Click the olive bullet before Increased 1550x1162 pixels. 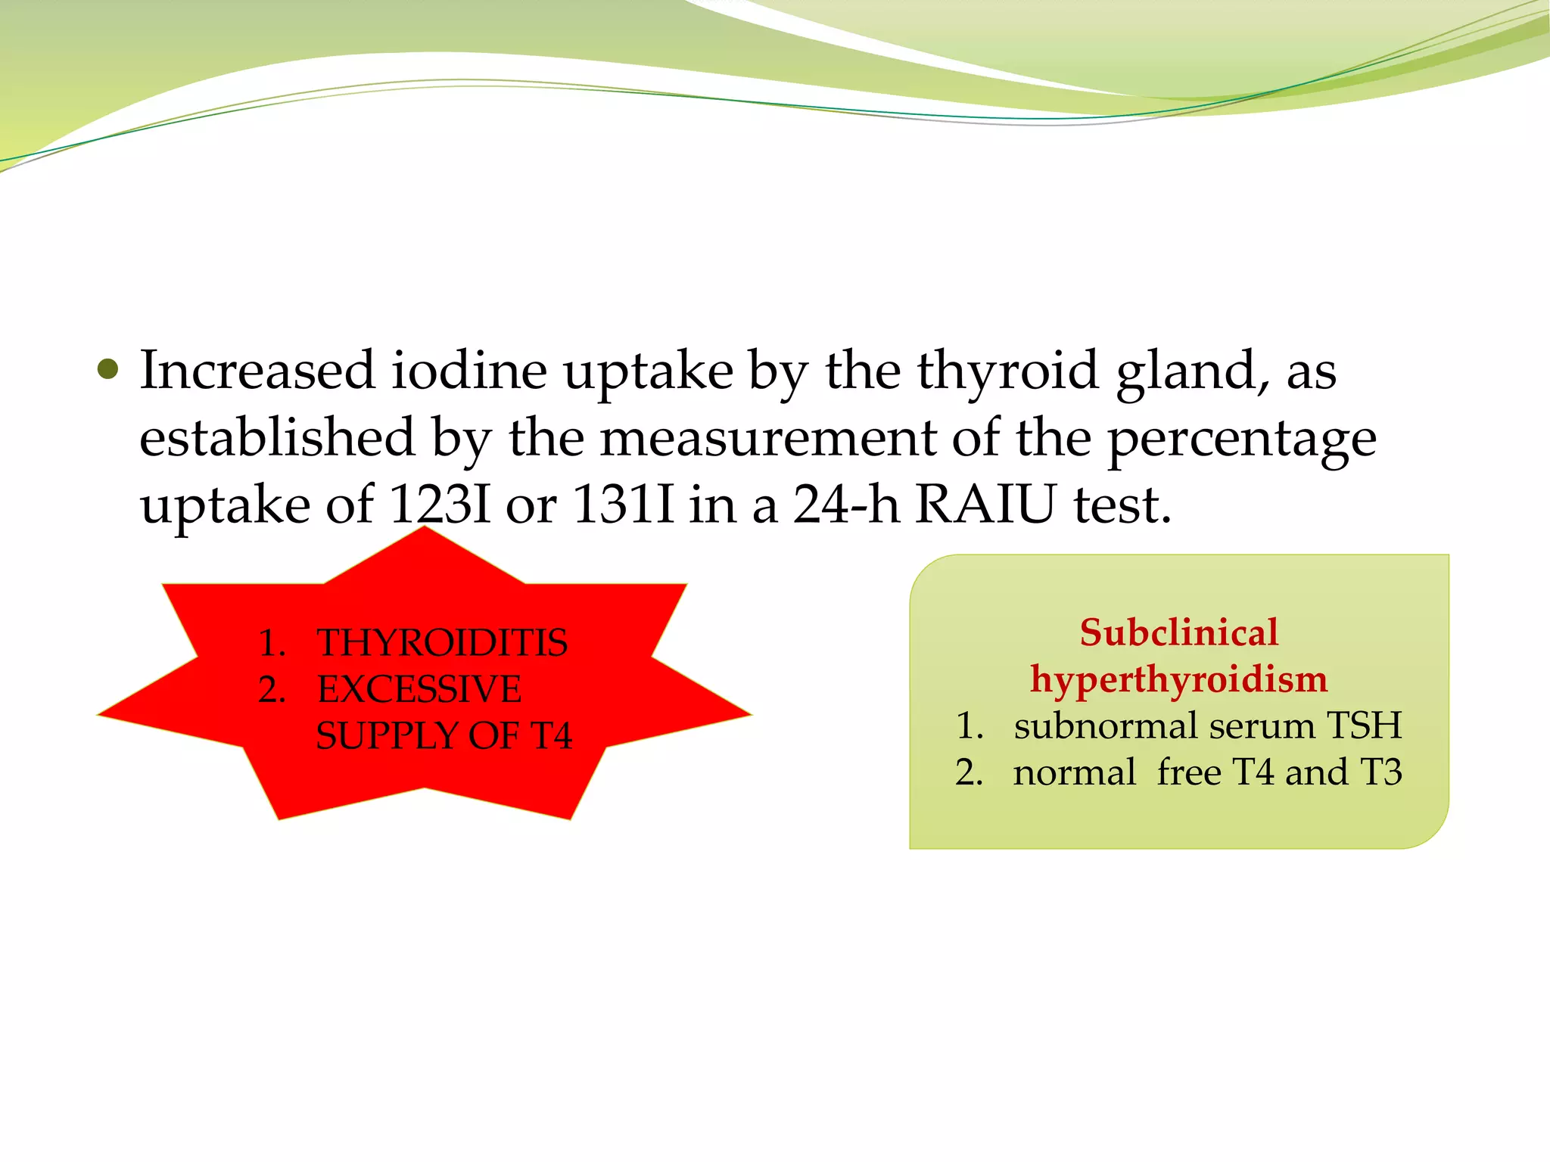pyautogui.click(x=109, y=370)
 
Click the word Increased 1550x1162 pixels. pyautogui.click(x=257, y=371)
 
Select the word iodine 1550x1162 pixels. pyautogui.click(x=468, y=371)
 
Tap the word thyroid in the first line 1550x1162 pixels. pyautogui.click(x=1007, y=372)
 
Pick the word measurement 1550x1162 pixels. pyautogui.click(x=767, y=439)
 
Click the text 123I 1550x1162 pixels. pyautogui.click(x=439, y=505)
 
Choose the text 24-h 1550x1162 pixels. pyautogui.click(x=845, y=505)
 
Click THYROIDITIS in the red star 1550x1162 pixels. pyautogui.click(x=442, y=643)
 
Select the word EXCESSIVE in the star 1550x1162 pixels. pyautogui.click(x=419, y=689)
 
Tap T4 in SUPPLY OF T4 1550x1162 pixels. pyautogui.click(x=550, y=736)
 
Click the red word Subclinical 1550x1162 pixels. pyautogui.click(x=1178, y=632)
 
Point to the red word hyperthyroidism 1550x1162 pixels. pyautogui.click(x=1178, y=679)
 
